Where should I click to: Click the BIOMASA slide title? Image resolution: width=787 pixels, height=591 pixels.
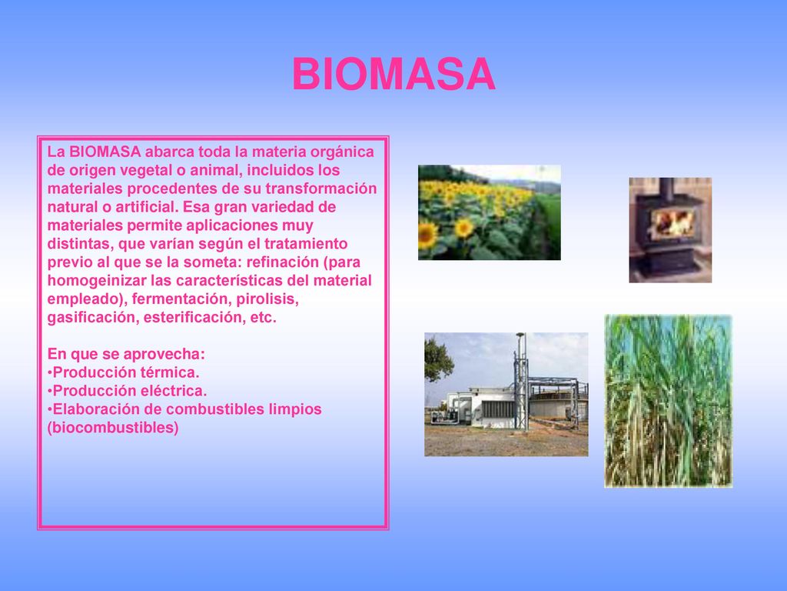tap(394, 74)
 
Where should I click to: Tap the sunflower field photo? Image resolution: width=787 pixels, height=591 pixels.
tap(490, 212)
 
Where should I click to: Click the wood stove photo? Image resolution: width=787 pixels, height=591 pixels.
tap(670, 229)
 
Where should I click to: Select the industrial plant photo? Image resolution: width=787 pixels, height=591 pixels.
tap(506, 395)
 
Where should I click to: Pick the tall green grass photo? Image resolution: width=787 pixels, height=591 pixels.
tap(668, 401)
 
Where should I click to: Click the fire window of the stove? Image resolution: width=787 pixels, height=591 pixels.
tap(672, 222)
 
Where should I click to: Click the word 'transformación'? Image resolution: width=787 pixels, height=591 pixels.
tap(321, 189)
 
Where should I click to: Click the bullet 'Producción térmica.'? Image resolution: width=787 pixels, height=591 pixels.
tap(124, 372)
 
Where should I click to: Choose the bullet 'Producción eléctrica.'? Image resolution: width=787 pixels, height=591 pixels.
tap(127, 391)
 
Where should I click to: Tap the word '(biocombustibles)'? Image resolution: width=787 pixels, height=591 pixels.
tap(113, 428)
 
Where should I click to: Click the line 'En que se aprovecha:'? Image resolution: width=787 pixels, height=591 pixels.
tap(126, 354)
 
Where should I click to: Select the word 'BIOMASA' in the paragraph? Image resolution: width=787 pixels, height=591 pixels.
tap(105, 152)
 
